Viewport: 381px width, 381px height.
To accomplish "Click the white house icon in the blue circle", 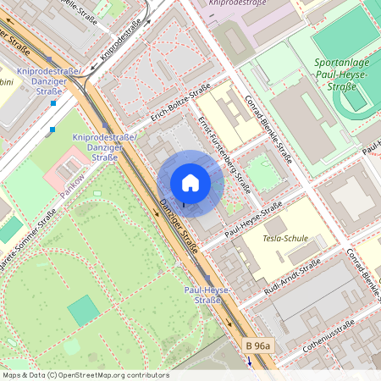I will pyautogui.click(x=190, y=182).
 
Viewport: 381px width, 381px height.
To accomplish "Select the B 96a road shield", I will pyautogui.click(x=257, y=345).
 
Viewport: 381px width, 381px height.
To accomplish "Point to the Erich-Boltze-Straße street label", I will pyautogui.click(x=180, y=105).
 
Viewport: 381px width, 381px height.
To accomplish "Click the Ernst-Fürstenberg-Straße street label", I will pyautogui.click(x=224, y=154).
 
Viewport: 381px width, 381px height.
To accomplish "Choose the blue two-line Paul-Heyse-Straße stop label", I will pyautogui.click(x=202, y=295).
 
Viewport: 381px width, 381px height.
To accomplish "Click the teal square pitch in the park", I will pyautogui.click(x=83, y=311).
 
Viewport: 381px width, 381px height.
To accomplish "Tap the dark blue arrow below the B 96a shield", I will pyautogui.click(x=251, y=361).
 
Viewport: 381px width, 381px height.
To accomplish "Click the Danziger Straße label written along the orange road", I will pyautogui.click(x=179, y=227).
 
